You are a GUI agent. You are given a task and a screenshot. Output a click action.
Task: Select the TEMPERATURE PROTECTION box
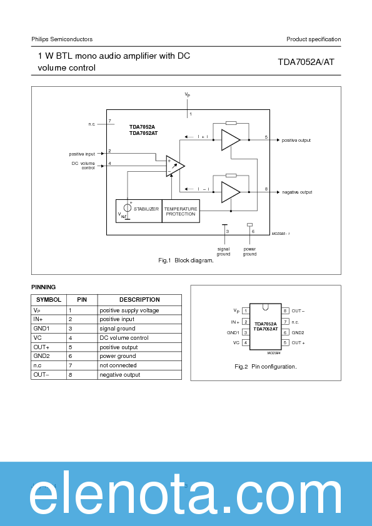click(181, 211)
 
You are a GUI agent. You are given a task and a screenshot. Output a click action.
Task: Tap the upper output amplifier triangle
click(230, 140)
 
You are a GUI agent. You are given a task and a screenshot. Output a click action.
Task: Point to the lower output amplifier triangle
click(230, 192)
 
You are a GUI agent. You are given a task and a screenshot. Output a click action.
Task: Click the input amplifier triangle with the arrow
click(175, 166)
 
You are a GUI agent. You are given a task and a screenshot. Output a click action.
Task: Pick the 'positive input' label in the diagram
click(82, 154)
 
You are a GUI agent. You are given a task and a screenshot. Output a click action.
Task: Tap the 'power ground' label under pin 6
click(249, 251)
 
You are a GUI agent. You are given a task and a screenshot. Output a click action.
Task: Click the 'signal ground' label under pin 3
click(224, 251)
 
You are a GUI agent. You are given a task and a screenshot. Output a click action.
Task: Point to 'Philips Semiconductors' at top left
click(62, 39)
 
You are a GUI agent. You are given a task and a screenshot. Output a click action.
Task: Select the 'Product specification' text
click(313, 39)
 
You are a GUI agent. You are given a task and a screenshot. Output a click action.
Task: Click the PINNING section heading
click(43, 287)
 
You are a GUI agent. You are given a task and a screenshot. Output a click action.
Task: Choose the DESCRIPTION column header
click(139, 300)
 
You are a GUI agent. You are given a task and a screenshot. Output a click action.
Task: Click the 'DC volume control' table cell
click(124, 338)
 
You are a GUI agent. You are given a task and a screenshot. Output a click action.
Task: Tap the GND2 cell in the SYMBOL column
click(41, 356)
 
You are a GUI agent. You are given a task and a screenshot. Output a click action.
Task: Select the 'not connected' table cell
click(118, 365)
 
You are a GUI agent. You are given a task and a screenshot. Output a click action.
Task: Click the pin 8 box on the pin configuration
click(285, 310)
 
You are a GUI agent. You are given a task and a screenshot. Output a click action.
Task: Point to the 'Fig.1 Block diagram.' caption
click(186, 261)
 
